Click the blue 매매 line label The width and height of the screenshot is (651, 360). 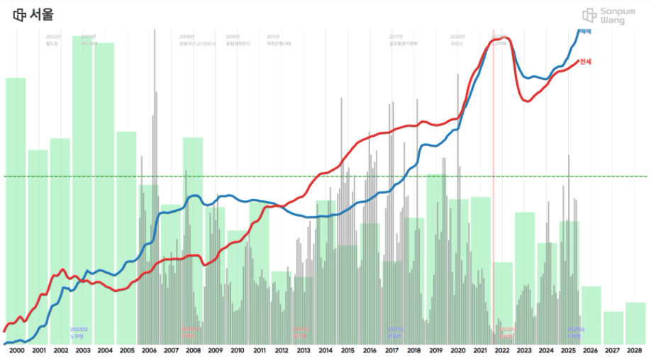tap(585, 32)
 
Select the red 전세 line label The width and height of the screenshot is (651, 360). tap(585, 62)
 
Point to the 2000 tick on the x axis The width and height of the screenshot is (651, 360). tap(17, 350)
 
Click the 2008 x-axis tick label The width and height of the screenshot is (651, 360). tap(193, 350)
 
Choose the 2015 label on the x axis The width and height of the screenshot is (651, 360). tap(347, 350)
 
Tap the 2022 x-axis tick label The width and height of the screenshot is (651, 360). tap(501, 350)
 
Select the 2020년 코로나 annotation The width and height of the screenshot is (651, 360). tap(457, 40)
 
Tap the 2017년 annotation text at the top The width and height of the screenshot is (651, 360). tap(396, 36)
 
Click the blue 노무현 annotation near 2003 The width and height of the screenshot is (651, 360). tap(79, 332)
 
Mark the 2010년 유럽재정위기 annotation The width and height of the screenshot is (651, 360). tap(238, 40)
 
